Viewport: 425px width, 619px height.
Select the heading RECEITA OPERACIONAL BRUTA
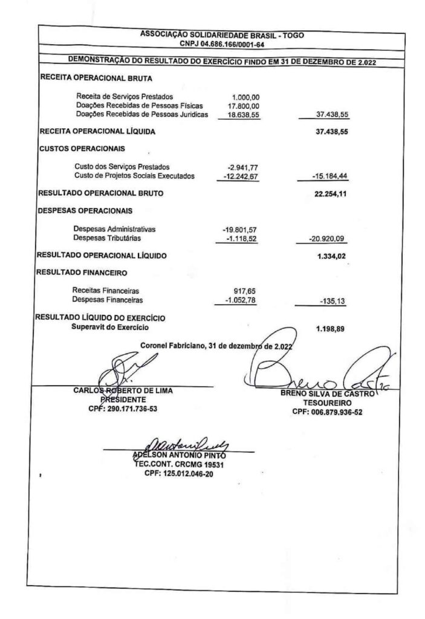(x=96, y=78)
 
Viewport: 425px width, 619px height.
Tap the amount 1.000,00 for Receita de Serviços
(x=246, y=97)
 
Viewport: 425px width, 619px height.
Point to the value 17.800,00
(x=244, y=105)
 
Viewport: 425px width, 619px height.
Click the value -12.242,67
(x=241, y=176)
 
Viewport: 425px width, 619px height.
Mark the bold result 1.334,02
(x=331, y=256)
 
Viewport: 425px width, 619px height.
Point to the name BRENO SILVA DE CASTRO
(x=326, y=394)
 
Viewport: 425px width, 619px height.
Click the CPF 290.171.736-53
(x=123, y=408)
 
